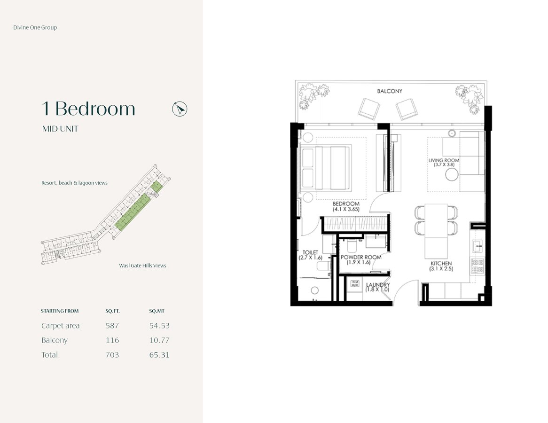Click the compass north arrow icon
[x=180, y=109]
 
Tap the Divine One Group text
[x=35, y=27]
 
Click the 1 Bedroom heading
[x=88, y=109]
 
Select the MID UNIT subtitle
[x=60, y=129]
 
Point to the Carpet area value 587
[x=112, y=325]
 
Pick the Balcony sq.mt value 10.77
[x=159, y=340]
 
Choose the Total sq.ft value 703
[x=112, y=355]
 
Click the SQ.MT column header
[x=157, y=311]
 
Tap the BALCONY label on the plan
[x=390, y=91]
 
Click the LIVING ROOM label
[x=444, y=160]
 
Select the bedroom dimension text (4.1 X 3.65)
[x=346, y=209]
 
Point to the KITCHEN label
[x=441, y=263]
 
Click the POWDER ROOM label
[x=361, y=257]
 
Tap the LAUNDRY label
[x=378, y=284]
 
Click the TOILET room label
[x=310, y=252]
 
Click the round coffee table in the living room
[x=452, y=174]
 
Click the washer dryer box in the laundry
[x=355, y=283]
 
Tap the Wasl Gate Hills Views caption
[x=142, y=266]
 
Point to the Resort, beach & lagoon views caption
[x=74, y=183]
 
